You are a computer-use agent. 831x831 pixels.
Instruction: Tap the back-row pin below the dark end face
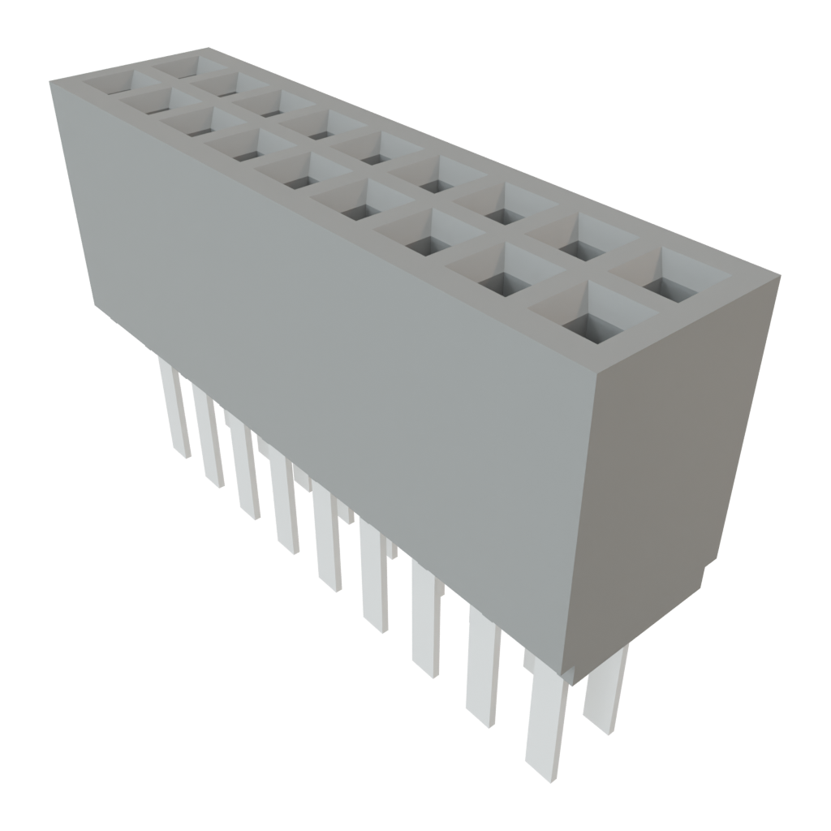[x=607, y=690]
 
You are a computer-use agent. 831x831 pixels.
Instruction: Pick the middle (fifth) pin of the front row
[x=329, y=536]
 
